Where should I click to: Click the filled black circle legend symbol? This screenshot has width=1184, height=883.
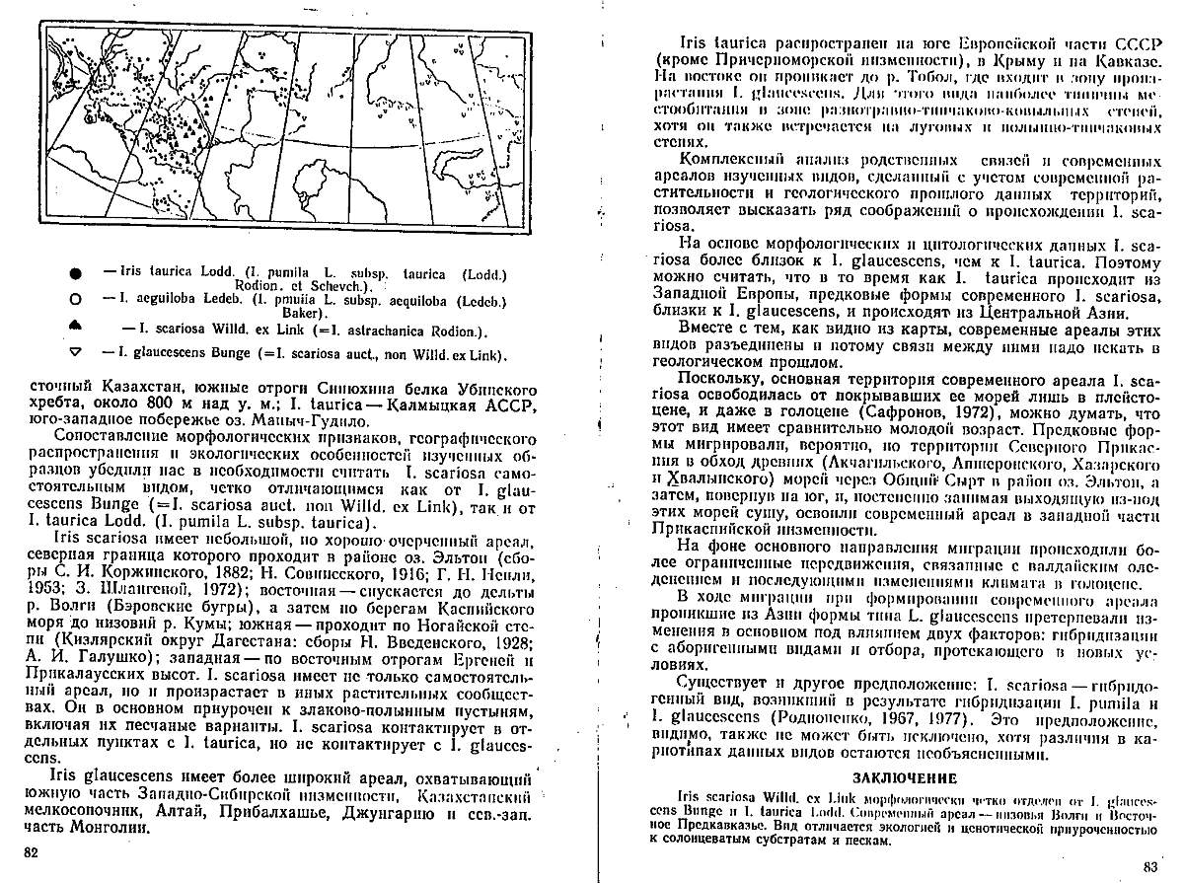(75, 271)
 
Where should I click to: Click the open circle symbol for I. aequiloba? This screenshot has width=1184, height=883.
(75, 299)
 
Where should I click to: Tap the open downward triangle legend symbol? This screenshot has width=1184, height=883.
(75, 354)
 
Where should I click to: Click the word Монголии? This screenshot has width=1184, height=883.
(109, 828)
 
